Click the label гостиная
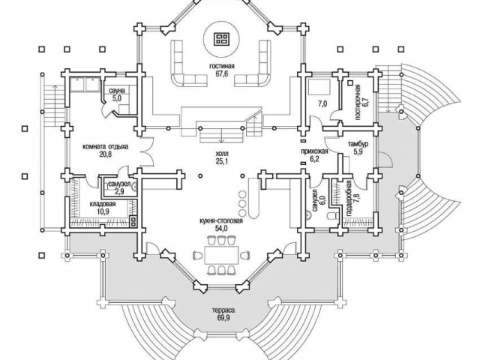(222, 67)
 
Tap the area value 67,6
(222, 73)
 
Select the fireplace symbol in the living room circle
(222, 38)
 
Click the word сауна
(117, 91)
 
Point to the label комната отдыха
(106, 147)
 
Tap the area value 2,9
(119, 192)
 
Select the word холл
(222, 153)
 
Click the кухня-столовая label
(221, 221)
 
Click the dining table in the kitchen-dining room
(221, 254)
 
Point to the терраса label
(223, 310)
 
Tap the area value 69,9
(223, 318)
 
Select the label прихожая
(314, 151)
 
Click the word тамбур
(358, 144)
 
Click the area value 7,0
(322, 104)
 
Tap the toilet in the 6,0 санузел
(331, 216)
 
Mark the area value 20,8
(105, 154)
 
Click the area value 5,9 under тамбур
(358, 151)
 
